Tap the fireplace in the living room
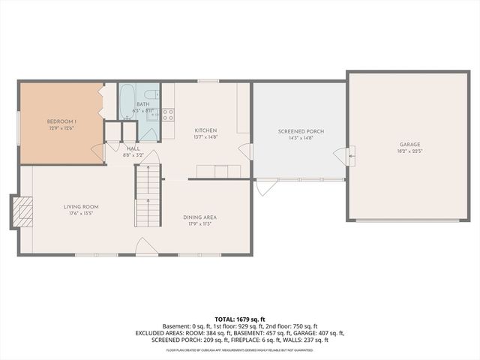(24, 211)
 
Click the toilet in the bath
(151, 95)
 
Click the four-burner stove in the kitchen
(168, 115)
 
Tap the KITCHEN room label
(205, 130)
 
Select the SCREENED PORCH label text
(299, 130)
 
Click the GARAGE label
(409, 144)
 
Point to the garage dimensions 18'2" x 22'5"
(409, 151)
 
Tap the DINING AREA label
(199, 217)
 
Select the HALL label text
(133, 148)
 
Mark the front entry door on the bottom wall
(147, 248)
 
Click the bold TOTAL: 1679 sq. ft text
(239, 319)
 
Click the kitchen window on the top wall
(208, 81)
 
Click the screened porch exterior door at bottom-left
(265, 187)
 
